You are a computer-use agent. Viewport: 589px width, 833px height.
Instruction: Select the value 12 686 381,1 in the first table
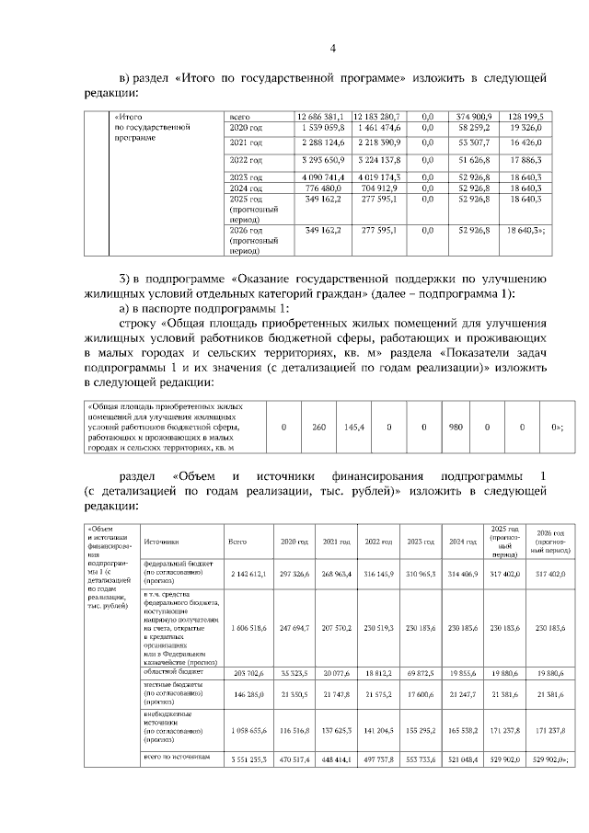click(x=320, y=117)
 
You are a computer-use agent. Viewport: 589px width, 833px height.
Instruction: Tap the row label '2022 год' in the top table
click(x=246, y=160)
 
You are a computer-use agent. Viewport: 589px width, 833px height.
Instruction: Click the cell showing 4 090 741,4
click(x=320, y=176)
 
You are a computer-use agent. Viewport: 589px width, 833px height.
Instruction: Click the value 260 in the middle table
click(x=319, y=428)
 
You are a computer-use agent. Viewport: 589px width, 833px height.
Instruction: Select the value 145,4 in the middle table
click(x=354, y=428)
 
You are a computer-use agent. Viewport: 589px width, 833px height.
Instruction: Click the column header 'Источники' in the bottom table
click(x=162, y=542)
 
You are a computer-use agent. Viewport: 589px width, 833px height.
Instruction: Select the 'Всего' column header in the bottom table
click(x=237, y=542)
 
